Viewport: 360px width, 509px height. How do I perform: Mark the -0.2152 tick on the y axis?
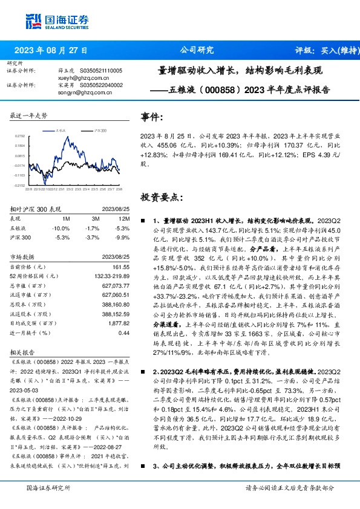point(20,186)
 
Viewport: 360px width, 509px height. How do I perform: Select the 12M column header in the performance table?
point(125,218)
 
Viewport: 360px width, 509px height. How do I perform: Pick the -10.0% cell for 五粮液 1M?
point(61,228)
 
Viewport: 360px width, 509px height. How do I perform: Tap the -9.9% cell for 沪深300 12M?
point(123,238)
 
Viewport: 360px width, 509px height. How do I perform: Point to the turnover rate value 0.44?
point(124,333)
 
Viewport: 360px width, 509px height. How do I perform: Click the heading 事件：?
point(152,117)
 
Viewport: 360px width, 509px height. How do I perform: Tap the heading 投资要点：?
point(161,197)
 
